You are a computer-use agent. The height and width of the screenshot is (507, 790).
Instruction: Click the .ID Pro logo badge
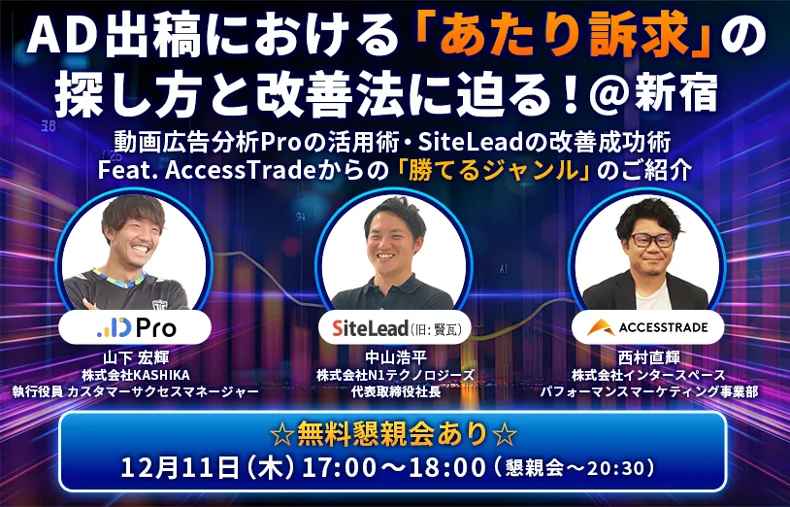pos(132,327)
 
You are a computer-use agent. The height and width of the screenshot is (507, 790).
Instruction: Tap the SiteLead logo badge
pos(393,327)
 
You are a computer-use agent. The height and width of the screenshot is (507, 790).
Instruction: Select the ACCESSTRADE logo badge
pos(646,327)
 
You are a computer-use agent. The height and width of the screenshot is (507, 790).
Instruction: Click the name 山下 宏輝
pos(133,356)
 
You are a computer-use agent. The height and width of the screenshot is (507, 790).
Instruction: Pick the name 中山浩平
pos(393,356)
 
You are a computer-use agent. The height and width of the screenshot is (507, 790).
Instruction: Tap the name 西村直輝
pos(647,356)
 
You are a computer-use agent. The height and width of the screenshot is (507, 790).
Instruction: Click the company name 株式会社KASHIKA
pos(134,374)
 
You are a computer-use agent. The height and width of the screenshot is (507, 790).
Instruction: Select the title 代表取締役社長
pos(393,391)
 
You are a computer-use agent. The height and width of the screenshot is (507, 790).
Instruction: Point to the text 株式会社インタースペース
pos(647,374)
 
